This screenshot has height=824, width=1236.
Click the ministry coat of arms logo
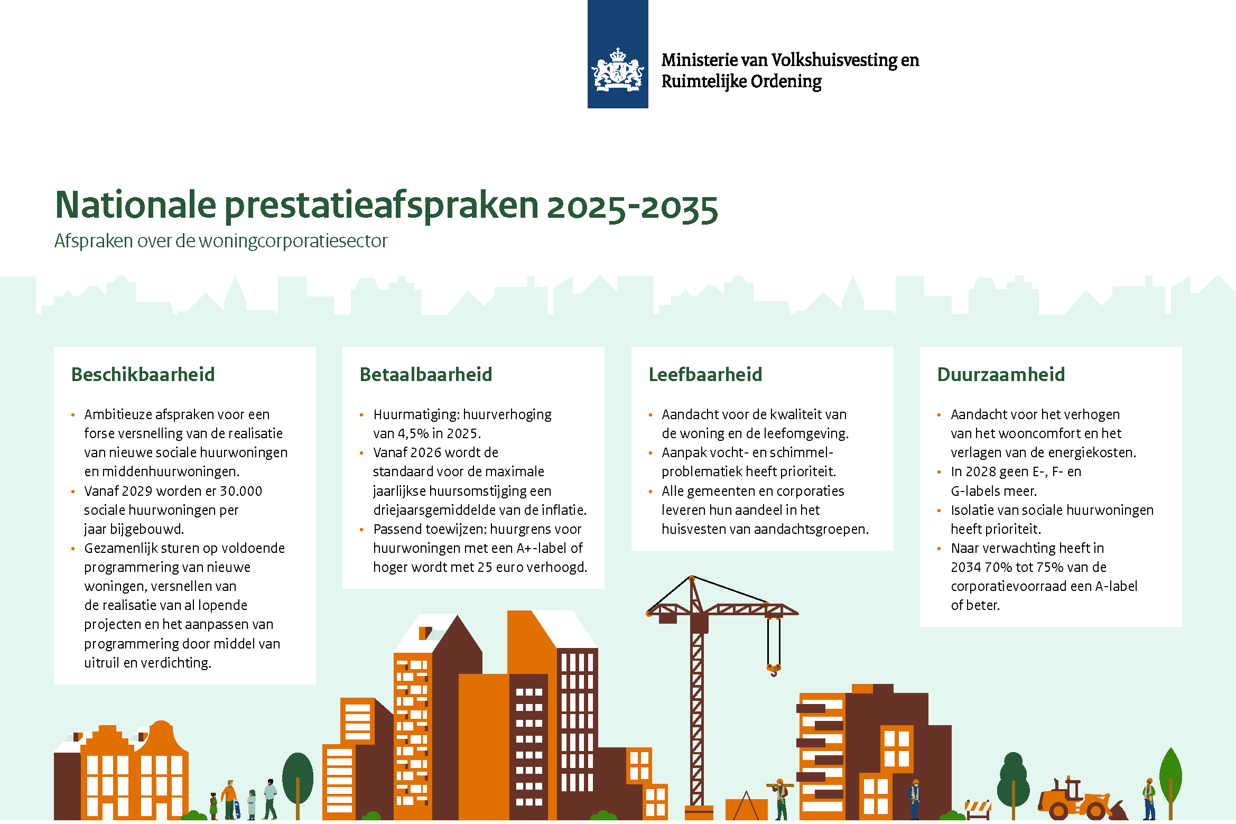coord(618,70)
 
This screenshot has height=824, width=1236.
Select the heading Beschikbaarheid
coord(143,374)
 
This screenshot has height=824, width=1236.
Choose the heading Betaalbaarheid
coord(426,374)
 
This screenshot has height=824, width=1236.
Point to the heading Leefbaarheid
coord(705,374)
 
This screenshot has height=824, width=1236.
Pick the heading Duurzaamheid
coord(1001,374)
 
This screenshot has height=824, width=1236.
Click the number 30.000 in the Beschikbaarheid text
coord(241,491)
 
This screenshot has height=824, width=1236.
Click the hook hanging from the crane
coord(774,670)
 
